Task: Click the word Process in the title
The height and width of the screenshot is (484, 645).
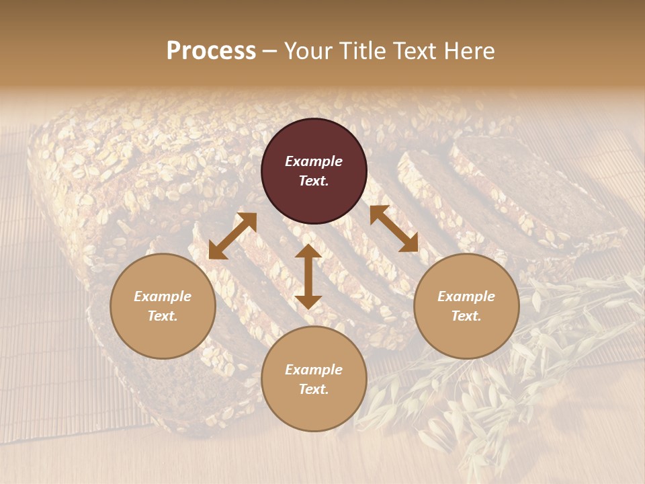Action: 211,51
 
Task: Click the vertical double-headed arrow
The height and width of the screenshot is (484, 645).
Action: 308,276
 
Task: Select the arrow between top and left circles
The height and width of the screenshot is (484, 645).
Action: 232,235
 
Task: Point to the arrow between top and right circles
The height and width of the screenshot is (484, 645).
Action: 394,229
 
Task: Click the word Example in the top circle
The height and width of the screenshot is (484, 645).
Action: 314,161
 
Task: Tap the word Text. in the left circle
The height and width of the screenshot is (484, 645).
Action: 163,316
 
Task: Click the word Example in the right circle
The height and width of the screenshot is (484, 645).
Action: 466,296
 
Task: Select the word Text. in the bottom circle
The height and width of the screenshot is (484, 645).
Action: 314,389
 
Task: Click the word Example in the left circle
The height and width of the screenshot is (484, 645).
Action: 163,296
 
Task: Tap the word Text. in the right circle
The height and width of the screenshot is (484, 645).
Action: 466,316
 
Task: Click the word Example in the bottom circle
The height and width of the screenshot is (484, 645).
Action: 314,370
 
